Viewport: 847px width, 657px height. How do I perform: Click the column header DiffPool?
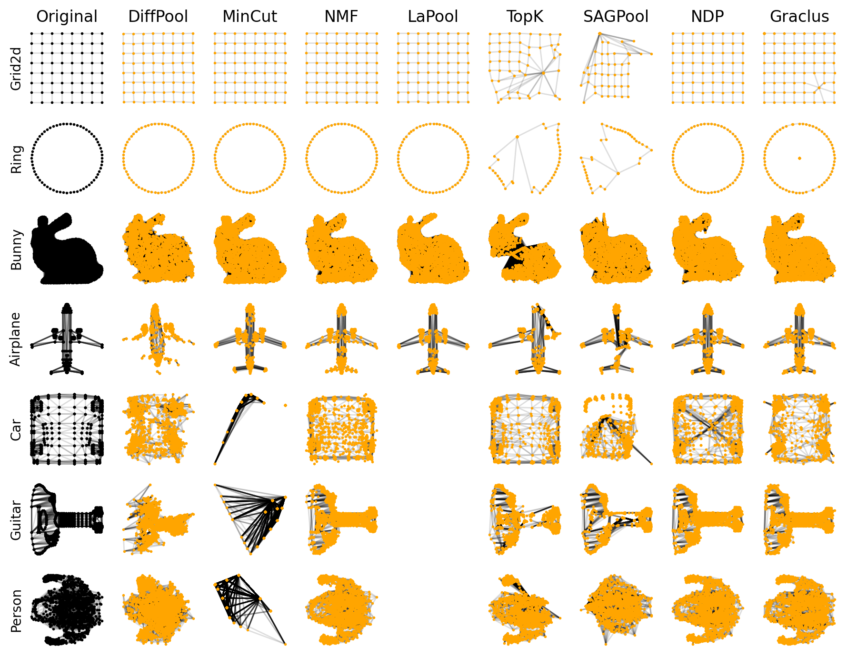click(158, 17)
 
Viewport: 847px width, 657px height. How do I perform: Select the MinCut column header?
click(249, 17)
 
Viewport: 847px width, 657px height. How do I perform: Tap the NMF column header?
click(341, 17)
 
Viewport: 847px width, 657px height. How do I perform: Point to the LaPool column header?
click(433, 17)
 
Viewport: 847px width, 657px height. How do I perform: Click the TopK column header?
click(525, 17)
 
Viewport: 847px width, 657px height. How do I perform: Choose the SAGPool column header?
click(616, 17)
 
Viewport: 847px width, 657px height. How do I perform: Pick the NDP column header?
click(707, 17)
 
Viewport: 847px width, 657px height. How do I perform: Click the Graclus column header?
click(799, 17)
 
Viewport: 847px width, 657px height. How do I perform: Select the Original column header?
click(67, 17)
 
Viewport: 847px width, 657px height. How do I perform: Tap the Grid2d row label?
click(16, 68)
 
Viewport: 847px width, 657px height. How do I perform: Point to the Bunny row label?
click(16, 250)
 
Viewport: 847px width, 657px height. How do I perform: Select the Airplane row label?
click(16, 339)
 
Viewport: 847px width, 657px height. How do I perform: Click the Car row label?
click(16, 430)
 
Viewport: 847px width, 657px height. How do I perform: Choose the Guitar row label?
click(16, 520)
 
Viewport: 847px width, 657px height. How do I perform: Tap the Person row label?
click(16, 611)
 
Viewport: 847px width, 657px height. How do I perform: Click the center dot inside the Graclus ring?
click(799, 158)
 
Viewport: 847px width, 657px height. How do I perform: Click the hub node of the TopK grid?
click(543, 73)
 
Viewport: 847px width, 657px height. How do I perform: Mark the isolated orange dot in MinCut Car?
click(285, 405)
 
